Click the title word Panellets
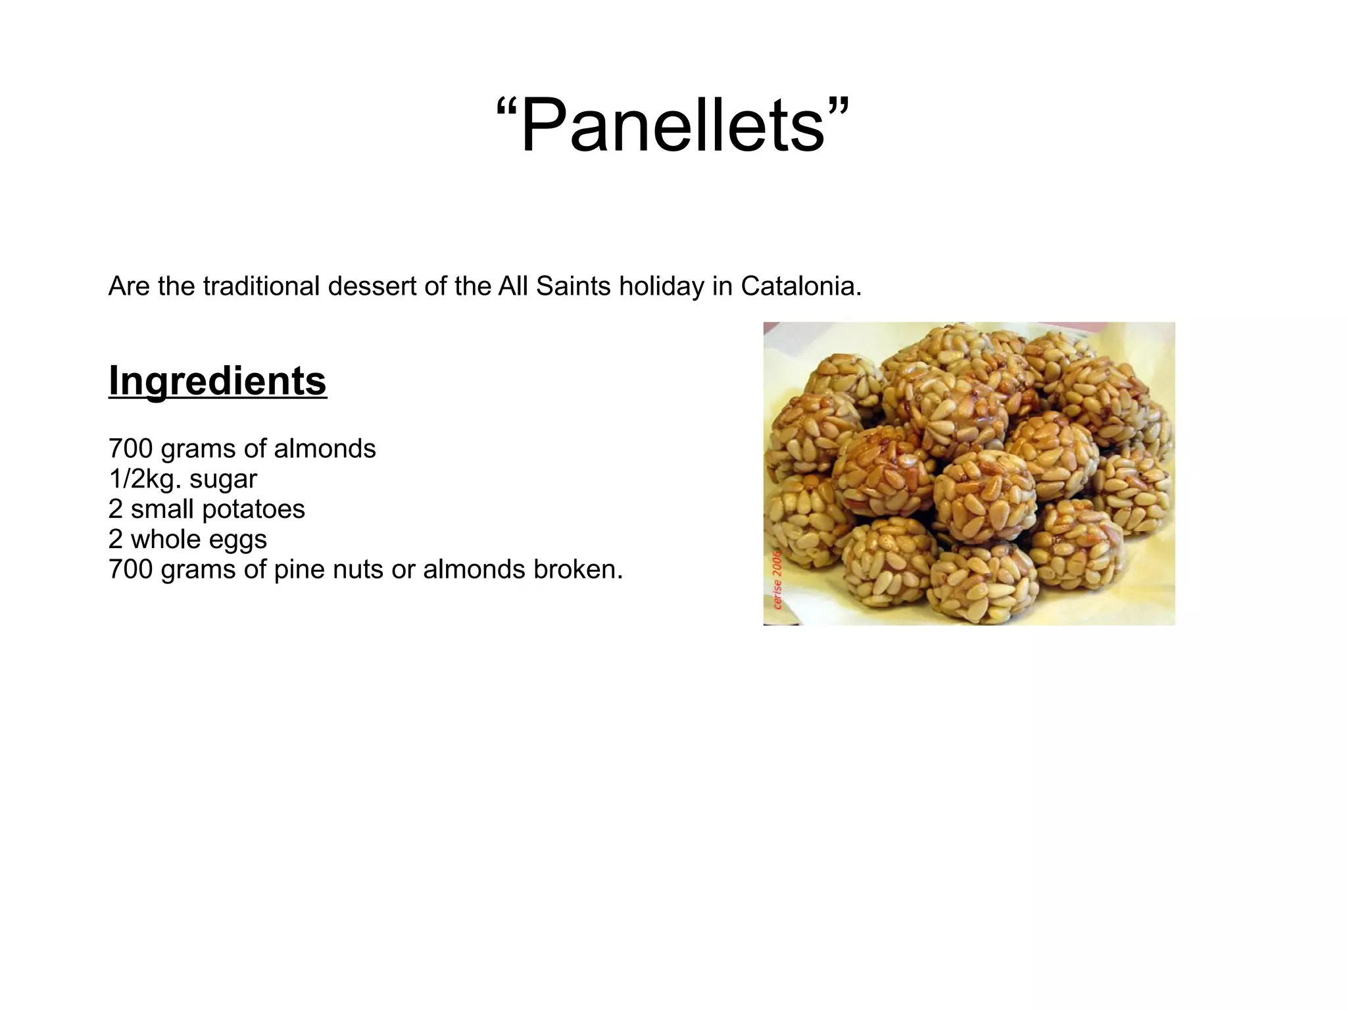[x=672, y=125]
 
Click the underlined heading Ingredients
[x=218, y=381]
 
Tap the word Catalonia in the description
[x=800, y=286]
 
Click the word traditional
[x=261, y=286]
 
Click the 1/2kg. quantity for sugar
[x=145, y=479]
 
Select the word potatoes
[x=253, y=509]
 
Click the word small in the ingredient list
[x=162, y=509]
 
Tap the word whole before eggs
[x=166, y=540]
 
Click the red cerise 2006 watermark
[x=777, y=579]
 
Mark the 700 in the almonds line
[x=130, y=449]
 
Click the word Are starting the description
[x=130, y=286]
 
